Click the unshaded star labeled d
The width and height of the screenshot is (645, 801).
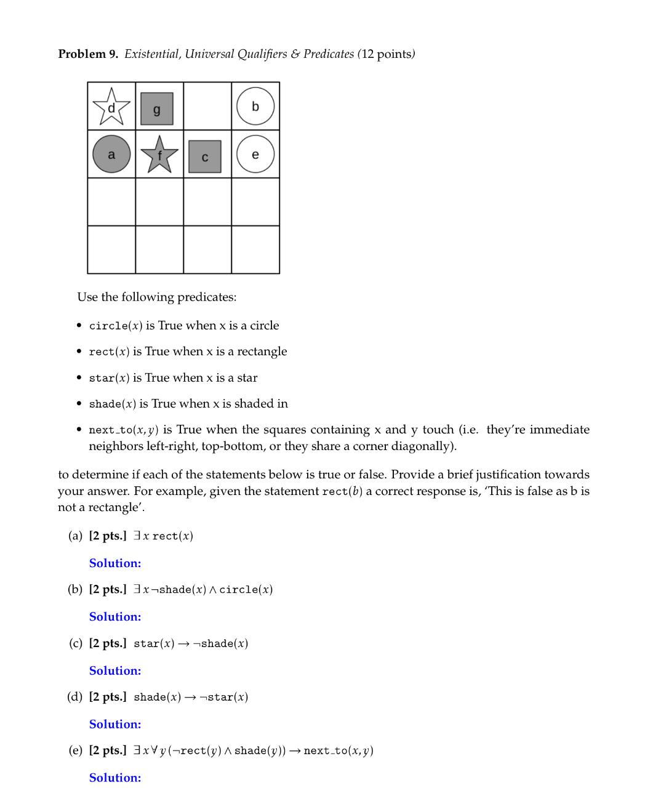(111, 106)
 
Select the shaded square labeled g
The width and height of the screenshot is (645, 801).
(157, 108)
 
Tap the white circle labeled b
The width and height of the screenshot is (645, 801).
(255, 107)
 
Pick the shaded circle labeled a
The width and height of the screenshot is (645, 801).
(111, 154)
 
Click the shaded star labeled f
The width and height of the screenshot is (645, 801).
(159, 155)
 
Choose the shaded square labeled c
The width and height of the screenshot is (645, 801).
(205, 156)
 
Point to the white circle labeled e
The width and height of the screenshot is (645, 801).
(255, 154)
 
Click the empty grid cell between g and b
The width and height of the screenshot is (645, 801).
(207, 106)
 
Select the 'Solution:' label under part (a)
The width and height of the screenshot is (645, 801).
(115, 563)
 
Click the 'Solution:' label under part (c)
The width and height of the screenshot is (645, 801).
(115, 670)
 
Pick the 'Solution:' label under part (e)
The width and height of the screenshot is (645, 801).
(115, 778)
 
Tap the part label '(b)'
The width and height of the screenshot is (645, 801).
(75, 589)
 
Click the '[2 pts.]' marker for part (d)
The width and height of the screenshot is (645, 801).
(108, 697)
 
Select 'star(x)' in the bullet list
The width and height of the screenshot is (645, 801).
(109, 378)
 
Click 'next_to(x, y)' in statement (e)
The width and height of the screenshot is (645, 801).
(339, 751)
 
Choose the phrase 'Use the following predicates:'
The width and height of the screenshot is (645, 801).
(156, 297)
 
